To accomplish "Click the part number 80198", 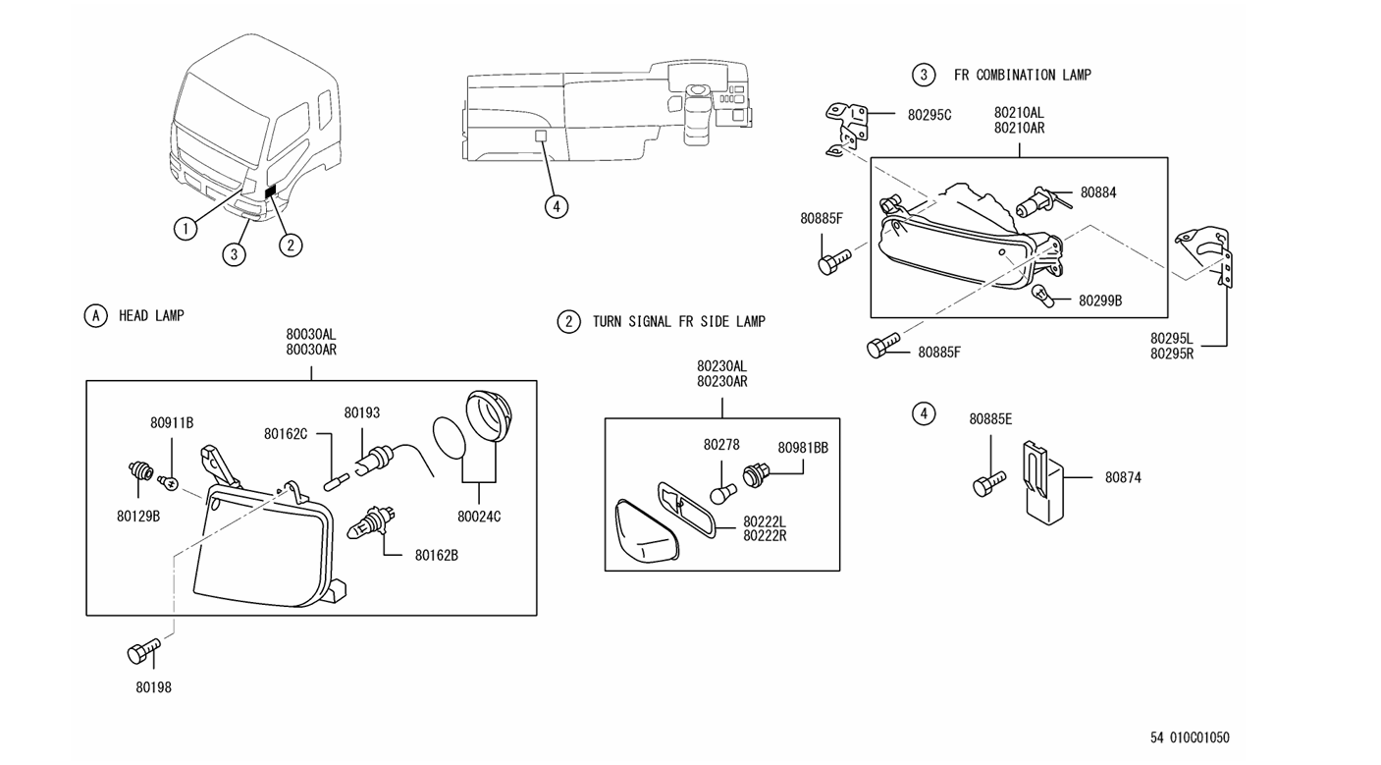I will click(x=153, y=687).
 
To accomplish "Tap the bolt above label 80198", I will click(x=141, y=651).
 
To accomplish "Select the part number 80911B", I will click(x=172, y=422).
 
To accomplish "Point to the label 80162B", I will click(x=437, y=555).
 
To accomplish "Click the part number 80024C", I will click(x=479, y=517).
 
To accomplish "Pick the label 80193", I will click(x=361, y=413).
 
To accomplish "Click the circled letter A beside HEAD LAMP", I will click(x=95, y=315).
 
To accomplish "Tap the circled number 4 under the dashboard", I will click(x=556, y=206).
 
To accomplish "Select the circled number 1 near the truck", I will click(x=185, y=229).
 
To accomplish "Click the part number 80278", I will click(x=721, y=445).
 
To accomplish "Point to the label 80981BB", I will click(x=803, y=448).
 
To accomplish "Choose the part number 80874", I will click(x=1123, y=478).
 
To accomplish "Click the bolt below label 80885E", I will click(x=986, y=484).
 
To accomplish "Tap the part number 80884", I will click(x=1098, y=193).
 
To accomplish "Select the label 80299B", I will click(x=1100, y=301).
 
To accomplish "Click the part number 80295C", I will click(x=930, y=115).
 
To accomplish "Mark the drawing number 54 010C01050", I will click(x=1190, y=738).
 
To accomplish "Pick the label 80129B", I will click(x=137, y=516).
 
